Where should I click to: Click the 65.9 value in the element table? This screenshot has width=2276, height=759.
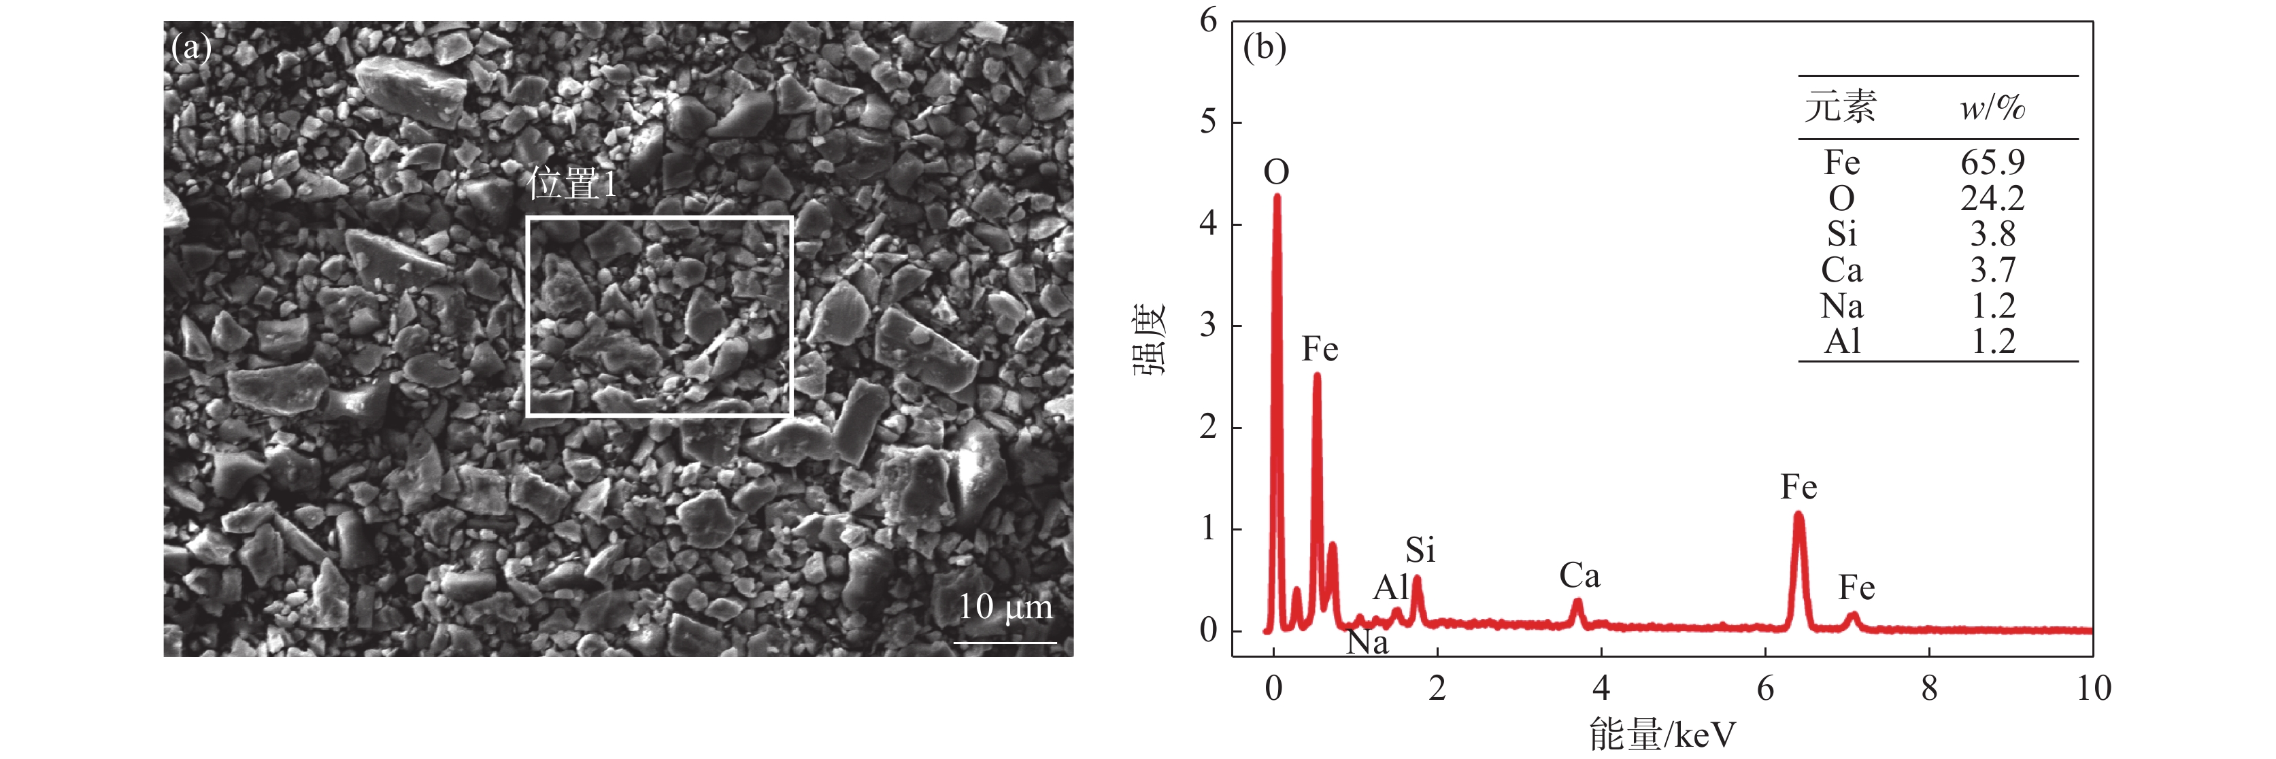1992,163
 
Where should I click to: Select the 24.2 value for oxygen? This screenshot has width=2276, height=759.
1992,198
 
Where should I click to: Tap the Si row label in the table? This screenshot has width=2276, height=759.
1842,234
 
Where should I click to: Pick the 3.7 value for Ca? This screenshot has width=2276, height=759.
1992,269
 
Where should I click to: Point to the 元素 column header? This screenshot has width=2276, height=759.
1841,107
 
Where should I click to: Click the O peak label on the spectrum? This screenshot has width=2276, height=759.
1277,172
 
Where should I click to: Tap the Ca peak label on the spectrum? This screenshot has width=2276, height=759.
1579,576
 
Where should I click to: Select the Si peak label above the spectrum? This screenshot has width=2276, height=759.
1420,550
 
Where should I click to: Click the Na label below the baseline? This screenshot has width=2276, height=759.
1367,643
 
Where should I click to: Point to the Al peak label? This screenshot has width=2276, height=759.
1390,588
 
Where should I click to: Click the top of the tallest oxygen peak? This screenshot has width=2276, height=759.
1277,197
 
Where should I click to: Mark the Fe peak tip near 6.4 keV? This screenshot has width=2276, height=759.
1798,514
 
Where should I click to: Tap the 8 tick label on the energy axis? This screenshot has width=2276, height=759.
1929,688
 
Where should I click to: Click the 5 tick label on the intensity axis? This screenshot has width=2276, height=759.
1208,122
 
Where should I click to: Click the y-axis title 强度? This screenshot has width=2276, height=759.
1150,339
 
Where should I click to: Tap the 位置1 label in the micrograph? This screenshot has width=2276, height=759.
571,185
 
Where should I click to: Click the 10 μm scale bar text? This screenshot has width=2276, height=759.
1005,607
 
